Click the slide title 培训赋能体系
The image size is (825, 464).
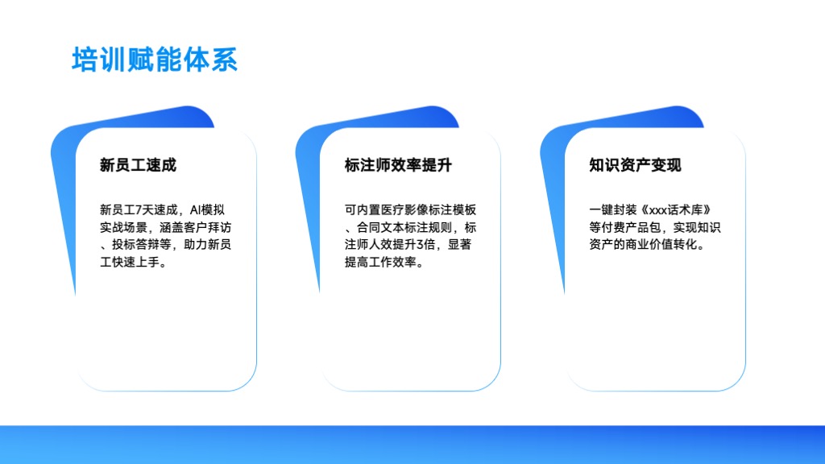click(155, 60)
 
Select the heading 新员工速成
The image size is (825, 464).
click(138, 165)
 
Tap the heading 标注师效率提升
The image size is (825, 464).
click(398, 165)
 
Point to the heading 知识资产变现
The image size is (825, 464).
click(635, 165)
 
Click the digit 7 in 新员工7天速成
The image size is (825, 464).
click(139, 210)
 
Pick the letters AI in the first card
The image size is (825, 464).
click(195, 210)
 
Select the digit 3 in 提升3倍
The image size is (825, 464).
click(420, 245)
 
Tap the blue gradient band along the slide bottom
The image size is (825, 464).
click(412, 445)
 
